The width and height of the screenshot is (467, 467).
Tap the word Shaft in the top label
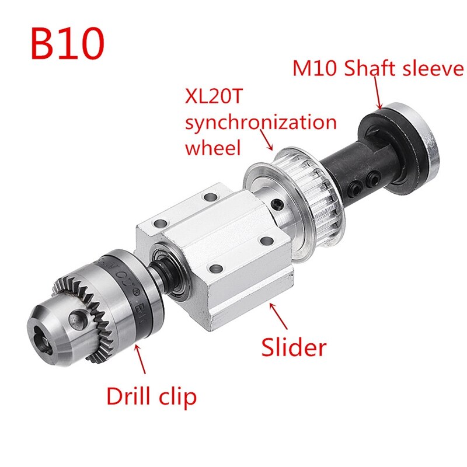pyautogui.click(x=370, y=69)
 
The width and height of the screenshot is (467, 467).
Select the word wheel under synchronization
pyautogui.click(x=212, y=147)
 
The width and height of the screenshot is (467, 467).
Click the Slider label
pyautogui.click(x=293, y=347)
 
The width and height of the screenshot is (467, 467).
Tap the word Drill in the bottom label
pyautogui.click(x=133, y=397)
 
